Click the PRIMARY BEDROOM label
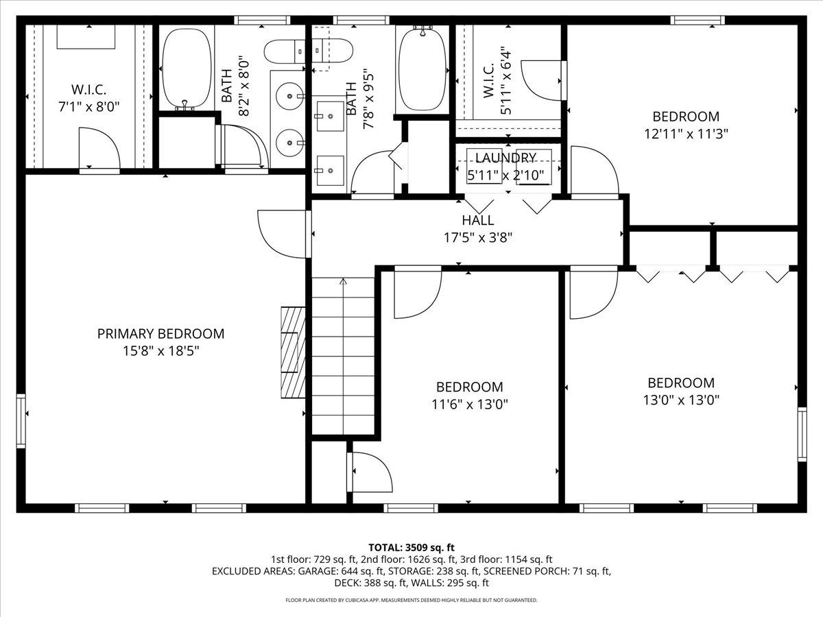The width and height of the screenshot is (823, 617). click(x=160, y=334)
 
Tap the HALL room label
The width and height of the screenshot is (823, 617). click(x=477, y=221)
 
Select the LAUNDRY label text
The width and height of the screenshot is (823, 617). click(x=505, y=158)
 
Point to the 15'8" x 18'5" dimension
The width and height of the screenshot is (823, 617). click(x=160, y=351)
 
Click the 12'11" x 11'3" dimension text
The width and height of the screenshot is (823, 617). click(x=685, y=134)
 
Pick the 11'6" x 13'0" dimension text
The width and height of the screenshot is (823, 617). click(x=469, y=404)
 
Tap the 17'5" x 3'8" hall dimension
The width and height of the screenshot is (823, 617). click(x=477, y=238)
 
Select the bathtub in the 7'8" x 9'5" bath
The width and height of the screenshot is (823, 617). click(x=422, y=69)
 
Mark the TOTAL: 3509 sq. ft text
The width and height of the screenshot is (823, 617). click(x=411, y=547)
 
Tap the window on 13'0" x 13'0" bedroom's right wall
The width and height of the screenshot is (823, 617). click(x=801, y=433)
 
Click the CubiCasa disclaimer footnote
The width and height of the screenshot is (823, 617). click(x=411, y=600)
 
